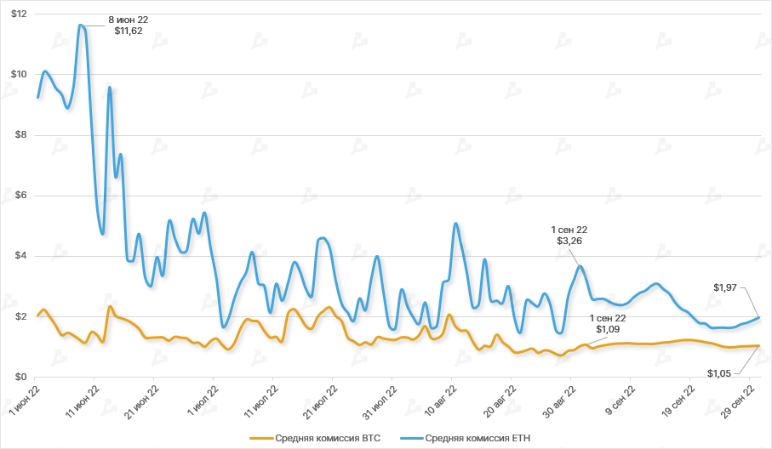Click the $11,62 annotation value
[129, 31]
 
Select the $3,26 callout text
[569, 242]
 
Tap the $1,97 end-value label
[727, 287]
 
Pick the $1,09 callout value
[608, 329]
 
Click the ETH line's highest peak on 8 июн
[80, 25]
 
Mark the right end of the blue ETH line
[758, 317]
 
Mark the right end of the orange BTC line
[758, 345]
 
